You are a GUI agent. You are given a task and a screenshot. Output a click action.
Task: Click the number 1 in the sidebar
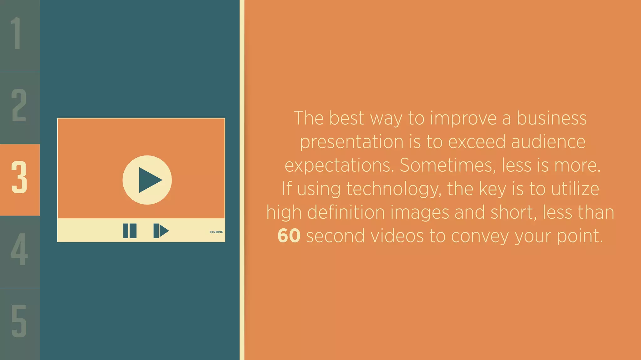point(16,33)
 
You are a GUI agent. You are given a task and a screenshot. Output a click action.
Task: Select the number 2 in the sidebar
point(19,105)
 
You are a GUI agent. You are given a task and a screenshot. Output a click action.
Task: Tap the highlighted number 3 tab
point(19,177)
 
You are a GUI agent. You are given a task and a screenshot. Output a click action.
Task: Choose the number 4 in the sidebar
point(19,249)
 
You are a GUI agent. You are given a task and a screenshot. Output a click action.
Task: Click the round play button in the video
point(147,180)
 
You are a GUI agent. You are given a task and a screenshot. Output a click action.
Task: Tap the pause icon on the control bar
point(130,231)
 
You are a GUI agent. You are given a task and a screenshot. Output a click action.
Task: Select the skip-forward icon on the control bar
point(161,231)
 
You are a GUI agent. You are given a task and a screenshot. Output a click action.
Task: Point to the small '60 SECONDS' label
point(216,232)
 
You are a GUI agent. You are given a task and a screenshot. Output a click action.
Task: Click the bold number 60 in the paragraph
point(289,236)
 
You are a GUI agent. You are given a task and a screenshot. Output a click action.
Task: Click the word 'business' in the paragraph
point(551,118)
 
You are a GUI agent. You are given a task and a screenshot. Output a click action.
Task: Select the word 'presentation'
point(352,142)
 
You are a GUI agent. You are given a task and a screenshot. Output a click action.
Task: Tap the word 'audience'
point(548,142)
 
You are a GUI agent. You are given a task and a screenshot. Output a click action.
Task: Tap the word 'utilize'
point(575,189)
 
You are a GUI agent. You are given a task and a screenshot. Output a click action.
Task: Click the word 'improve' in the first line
point(463,119)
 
